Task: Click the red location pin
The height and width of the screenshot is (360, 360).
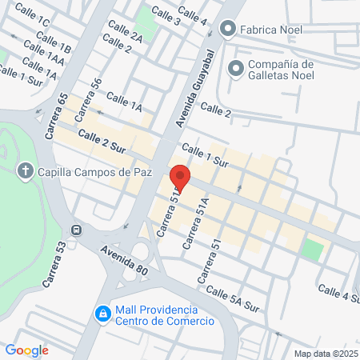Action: pyautogui.click(x=179, y=178)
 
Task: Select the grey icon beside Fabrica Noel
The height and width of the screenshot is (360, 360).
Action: pyautogui.click(x=228, y=30)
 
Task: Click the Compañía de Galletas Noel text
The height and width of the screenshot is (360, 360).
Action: pyautogui.click(x=280, y=70)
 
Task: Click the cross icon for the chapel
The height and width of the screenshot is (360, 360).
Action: pyautogui.click(x=25, y=170)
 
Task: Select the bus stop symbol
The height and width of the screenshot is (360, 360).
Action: pyautogui.click(x=76, y=230)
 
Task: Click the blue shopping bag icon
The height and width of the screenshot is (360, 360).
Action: pyautogui.click(x=102, y=314)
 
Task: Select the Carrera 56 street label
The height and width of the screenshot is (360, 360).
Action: pyautogui.click(x=88, y=100)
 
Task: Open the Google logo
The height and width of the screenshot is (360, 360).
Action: pyautogui.click(x=26, y=350)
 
